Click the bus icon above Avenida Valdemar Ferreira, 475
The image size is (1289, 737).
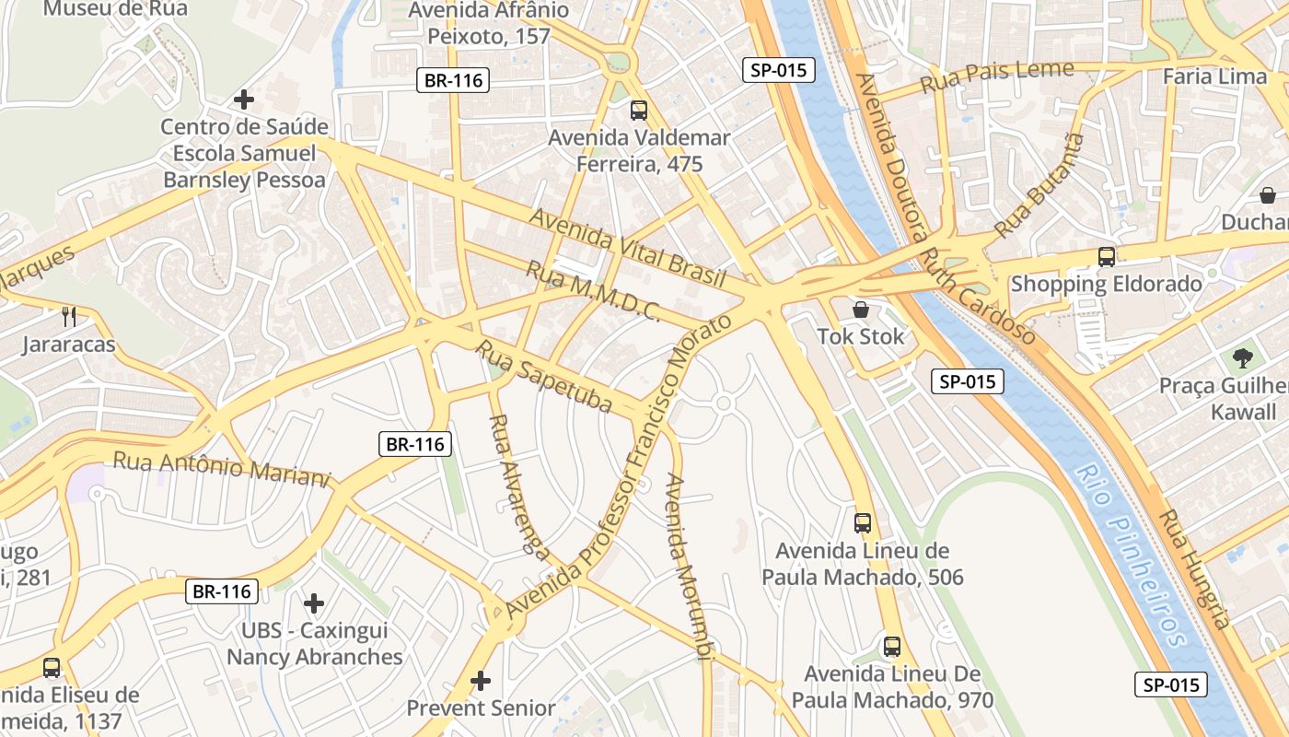coord(638,111)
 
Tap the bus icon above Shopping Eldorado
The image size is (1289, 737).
coord(1107,257)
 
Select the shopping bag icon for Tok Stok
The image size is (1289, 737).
coord(861,310)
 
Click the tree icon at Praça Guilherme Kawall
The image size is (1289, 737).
coord(1243,357)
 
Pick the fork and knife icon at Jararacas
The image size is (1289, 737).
coord(69,317)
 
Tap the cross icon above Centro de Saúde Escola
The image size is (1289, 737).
coord(244,99)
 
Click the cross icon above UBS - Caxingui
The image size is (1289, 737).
coord(314,603)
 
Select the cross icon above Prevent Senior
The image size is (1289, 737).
coord(481,681)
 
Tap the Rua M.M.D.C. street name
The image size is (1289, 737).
coord(593,291)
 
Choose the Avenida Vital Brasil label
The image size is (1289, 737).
coord(628,247)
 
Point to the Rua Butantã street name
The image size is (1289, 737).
coord(1039,184)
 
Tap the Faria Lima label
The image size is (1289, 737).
coord(1214,76)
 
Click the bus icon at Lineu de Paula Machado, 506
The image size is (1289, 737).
coord(863,523)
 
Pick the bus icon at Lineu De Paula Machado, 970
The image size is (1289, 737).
coord(892,647)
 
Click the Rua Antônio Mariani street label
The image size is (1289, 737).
coord(221,468)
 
